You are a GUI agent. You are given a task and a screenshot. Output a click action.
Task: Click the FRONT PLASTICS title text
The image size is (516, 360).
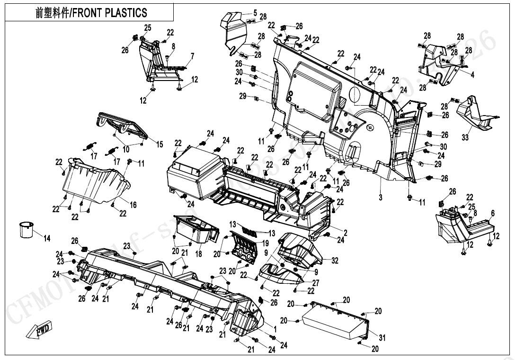pyautogui.click(x=91, y=13)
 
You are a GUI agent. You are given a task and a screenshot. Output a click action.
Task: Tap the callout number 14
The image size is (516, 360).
pyautogui.click(x=47, y=239)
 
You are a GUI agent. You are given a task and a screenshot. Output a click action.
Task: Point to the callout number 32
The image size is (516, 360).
pyautogui.click(x=335, y=260)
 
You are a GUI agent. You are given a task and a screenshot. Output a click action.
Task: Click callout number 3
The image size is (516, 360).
pyautogui.click(x=381, y=198)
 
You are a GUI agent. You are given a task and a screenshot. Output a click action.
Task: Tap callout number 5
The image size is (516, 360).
pyautogui.click(x=255, y=13)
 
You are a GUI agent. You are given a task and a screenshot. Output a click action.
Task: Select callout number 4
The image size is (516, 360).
pyautogui.click(x=472, y=75)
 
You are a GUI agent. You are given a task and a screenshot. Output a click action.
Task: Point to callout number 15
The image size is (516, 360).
pyautogui.click(x=160, y=144)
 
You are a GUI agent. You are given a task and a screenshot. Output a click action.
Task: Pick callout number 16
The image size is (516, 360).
pyautogui.click(x=133, y=205)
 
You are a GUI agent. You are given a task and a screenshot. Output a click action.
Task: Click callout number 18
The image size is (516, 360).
pyautogui.click(x=198, y=254)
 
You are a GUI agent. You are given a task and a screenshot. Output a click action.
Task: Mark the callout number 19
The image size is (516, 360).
pyautogui.click(x=266, y=243)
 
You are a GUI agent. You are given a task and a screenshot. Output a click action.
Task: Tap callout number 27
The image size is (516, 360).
pyautogui.click(x=316, y=283)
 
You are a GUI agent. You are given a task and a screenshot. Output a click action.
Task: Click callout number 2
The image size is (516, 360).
pyautogui.click(x=346, y=233)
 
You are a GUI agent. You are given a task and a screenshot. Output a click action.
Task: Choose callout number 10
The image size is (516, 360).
pyautogui.click(x=126, y=149)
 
